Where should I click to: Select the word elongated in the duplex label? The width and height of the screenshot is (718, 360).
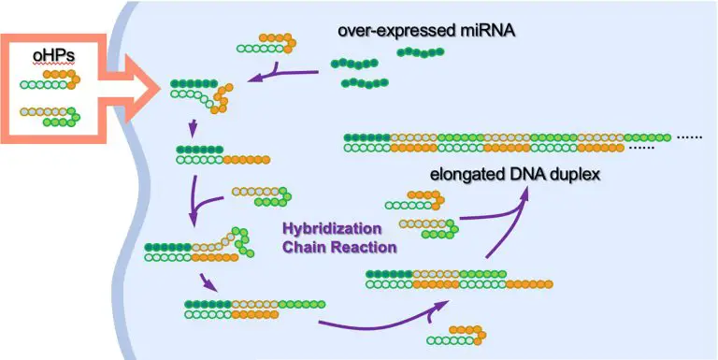[x=466, y=174]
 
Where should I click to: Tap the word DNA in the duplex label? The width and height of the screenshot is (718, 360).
[x=524, y=174]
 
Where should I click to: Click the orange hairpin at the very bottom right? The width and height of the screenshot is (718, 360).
[x=467, y=335]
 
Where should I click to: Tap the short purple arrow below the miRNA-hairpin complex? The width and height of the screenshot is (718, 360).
[x=193, y=128]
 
